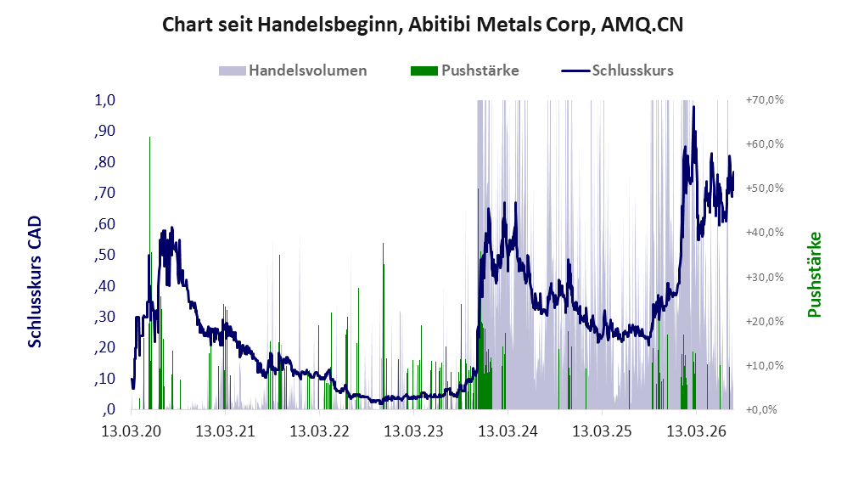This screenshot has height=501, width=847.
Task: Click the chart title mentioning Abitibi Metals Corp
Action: pyautogui.click(x=423, y=25)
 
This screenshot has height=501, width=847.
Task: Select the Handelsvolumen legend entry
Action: pyautogui.click(x=293, y=70)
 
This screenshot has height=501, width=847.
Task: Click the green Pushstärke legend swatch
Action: pyautogui.click(x=424, y=70)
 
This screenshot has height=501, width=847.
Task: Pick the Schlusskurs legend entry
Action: pyautogui.click(x=617, y=70)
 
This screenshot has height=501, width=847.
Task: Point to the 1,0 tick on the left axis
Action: pyautogui.click(x=105, y=100)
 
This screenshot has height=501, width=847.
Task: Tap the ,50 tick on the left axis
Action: pyautogui.click(x=105, y=255)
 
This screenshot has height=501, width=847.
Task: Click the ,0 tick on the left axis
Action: pyautogui.click(x=109, y=409)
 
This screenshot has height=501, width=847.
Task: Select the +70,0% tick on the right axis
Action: pyautogui.click(x=765, y=100)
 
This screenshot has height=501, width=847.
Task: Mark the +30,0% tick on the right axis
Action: pyautogui.click(x=765, y=278)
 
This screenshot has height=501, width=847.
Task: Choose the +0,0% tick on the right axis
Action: pyautogui.click(x=761, y=409)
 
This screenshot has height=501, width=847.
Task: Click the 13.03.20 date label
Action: pyautogui.click(x=132, y=431)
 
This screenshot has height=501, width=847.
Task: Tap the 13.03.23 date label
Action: pyautogui.click(x=414, y=431)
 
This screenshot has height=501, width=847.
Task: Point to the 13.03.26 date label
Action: pyautogui.click(x=696, y=431)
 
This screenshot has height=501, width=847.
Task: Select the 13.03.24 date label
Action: pyautogui.click(x=508, y=431)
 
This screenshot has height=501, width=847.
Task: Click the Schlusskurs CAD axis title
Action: pyautogui.click(x=35, y=282)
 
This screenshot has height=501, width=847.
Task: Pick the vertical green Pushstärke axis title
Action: pyautogui.click(x=814, y=274)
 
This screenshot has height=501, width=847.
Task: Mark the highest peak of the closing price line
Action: pyautogui.click(x=693, y=106)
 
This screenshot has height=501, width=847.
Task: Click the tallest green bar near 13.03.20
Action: pyautogui.click(x=149, y=273)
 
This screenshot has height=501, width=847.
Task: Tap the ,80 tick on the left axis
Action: pyautogui.click(x=105, y=162)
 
